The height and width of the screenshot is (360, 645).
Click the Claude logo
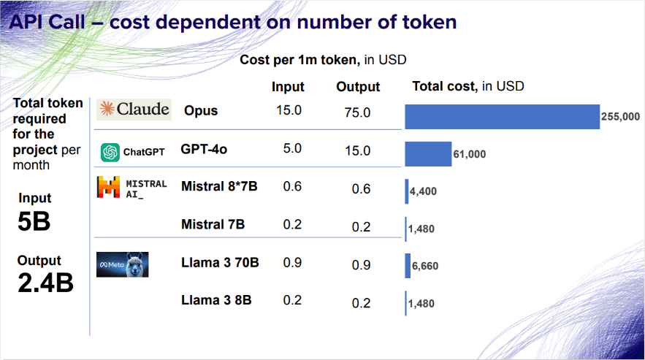point(134,110)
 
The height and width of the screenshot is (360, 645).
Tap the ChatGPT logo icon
point(110,152)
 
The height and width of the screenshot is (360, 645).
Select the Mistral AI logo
point(132,188)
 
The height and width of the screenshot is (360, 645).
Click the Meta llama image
point(122,264)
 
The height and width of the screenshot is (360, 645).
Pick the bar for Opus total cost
point(503,117)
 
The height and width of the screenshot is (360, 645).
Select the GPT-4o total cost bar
point(428,154)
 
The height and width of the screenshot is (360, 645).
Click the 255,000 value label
point(620,117)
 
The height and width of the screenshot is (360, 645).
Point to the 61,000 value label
point(470,154)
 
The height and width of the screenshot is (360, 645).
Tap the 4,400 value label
point(423,191)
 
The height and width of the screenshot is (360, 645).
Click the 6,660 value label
point(425,267)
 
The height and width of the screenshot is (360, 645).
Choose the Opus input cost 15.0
point(289,110)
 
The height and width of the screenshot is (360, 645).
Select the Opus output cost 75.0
point(357,112)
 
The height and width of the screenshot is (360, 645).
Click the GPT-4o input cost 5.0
point(292,148)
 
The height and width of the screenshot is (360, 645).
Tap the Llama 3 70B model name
point(220,262)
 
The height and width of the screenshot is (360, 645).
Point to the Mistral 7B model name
point(213,224)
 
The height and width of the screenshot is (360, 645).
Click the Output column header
point(358,87)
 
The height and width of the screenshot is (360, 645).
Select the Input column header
point(288,87)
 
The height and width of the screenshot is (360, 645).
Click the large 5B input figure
point(34,221)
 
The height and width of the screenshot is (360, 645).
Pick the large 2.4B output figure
point(45,283)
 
